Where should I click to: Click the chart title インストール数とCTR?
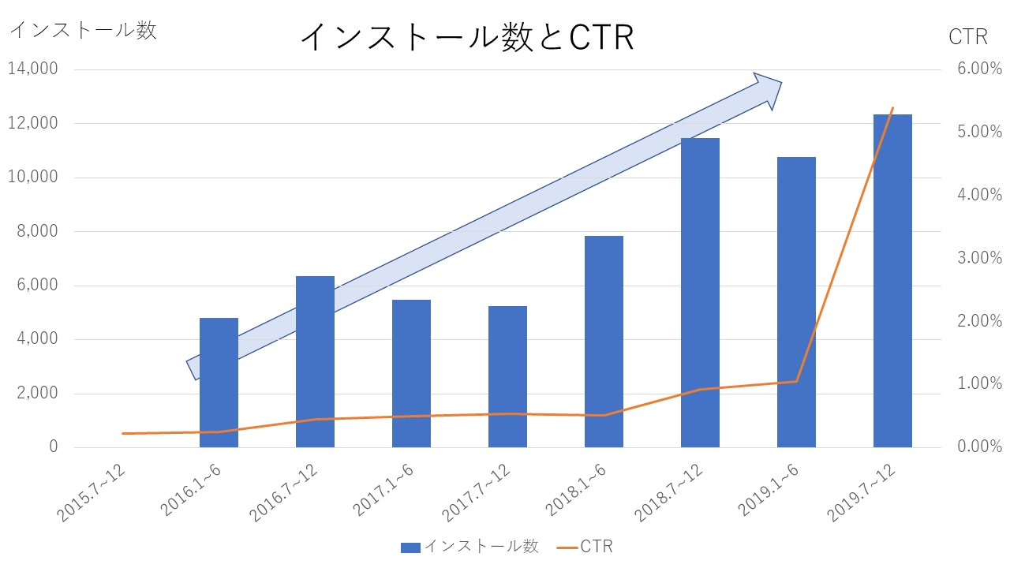[467, 37]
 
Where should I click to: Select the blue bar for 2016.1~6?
[219, 383]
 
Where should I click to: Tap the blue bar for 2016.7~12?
[315, 361]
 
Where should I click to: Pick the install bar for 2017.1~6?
[411, 374]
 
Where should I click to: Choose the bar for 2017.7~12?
[507, 377]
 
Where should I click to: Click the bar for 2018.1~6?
[604, 342]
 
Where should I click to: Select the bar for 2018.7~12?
[700, 293]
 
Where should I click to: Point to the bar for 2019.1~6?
[796, 302]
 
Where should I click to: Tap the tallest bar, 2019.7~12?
[892, 281]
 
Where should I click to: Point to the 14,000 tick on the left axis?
[33, 69]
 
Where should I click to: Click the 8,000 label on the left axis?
[37, 231]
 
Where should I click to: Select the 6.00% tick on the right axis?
[980, 69]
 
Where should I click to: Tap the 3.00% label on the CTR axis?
[980, 258]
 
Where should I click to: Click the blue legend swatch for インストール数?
[410, 547]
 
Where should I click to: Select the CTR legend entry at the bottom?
[585, 547]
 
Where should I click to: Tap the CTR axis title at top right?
[967, 37]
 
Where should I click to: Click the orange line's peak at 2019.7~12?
[892, 108]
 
